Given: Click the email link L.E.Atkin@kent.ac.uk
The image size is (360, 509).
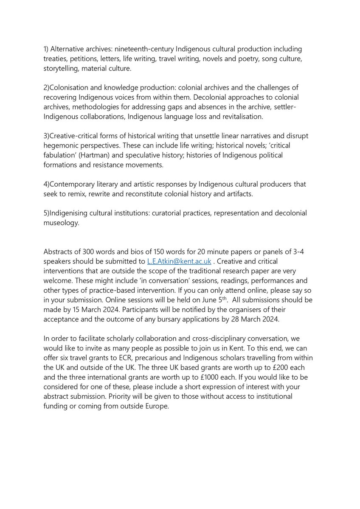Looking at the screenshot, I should coord(179,262).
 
